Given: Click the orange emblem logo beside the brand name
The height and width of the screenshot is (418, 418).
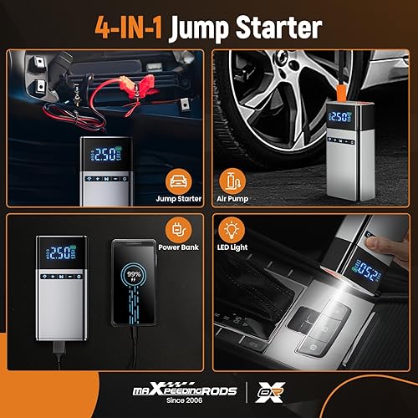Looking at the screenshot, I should tap(264, 390).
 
